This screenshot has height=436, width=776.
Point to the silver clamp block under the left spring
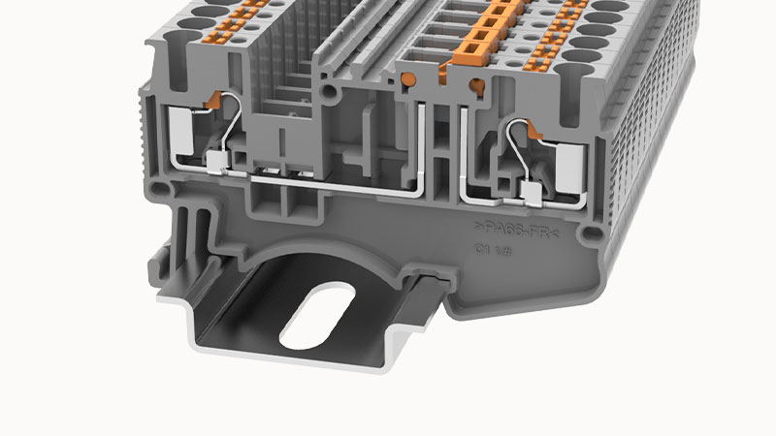(217, 160)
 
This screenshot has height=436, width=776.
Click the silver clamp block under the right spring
(532, 192)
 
